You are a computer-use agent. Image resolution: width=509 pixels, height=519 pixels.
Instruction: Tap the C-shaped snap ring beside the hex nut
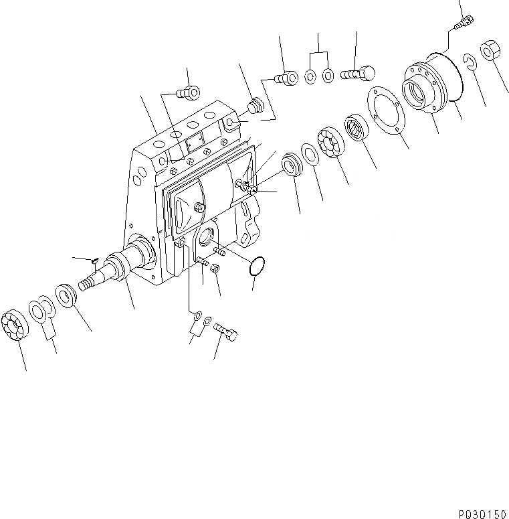tap(470, 63)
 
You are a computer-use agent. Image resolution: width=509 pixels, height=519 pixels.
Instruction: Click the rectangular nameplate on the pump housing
tap(195, 142)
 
